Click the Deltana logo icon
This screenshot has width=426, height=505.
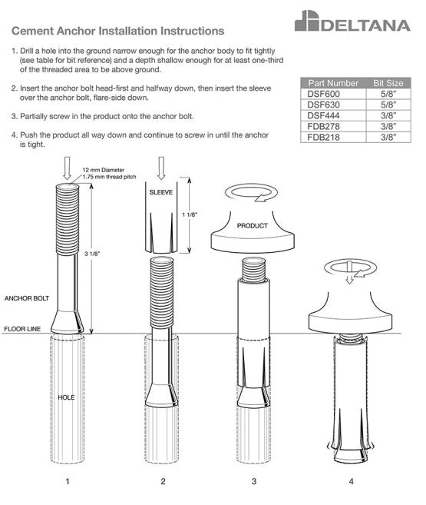[307, 21]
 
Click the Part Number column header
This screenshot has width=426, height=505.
[333, 83]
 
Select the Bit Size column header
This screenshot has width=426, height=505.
[388, 83]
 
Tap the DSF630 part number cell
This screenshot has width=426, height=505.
[323, 105]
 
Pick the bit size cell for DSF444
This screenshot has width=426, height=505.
[388, 115]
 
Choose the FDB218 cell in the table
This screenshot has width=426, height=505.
[323, 138]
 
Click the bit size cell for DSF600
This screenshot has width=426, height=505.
[388, 94]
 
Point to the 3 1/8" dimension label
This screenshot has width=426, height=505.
[92, 254]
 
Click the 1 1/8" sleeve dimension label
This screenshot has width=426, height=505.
[190, 214]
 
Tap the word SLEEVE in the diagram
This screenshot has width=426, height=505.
[160, 192]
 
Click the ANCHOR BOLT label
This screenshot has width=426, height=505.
[27, 298]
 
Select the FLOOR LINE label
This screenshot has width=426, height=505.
[22, 329]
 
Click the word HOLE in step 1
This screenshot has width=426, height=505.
[66, 397]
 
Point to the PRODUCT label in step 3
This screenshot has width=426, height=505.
[252, 226]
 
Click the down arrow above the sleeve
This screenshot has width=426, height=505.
[161, 168]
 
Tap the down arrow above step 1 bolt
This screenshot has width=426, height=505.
[68, 168]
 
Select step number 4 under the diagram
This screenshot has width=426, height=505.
[351, 481]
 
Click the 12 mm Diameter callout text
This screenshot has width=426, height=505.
[103, 170]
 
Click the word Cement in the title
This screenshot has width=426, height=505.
[33, 31]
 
